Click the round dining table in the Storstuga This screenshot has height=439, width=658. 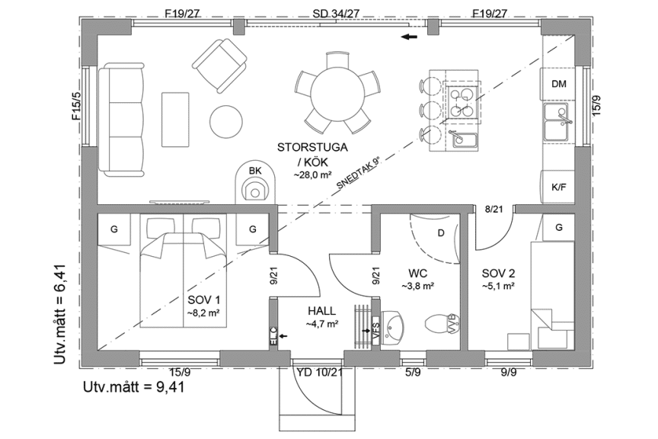pyautogui.click(x=337, y=92)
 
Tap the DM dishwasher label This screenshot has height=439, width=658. pyautogui.click(x=559, y=84)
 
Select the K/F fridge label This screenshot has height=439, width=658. pyautogui.click(x=558, y=187)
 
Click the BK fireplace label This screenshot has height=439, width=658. pyautogui.click(x=255, y=170)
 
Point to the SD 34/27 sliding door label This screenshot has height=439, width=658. pyautogui.click(x=336, y=13)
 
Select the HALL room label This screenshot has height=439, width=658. pyautogui.click(x=322, y=311)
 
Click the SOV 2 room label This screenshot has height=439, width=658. pyautogui.click(x=499, y=273)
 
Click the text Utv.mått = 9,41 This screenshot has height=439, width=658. pyautogui.click(x=133, y=386)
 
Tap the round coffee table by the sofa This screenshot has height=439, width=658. pyautogui.click(x=225, y=120)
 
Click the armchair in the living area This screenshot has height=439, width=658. pyautogui.click(x=219, y=62)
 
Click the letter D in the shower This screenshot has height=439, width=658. pyautogui.click(x=440, y=232)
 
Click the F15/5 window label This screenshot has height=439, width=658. pyautogui.click(x=76, y=107)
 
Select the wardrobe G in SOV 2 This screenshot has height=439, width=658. pyautogui.click(x=558, y=227)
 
